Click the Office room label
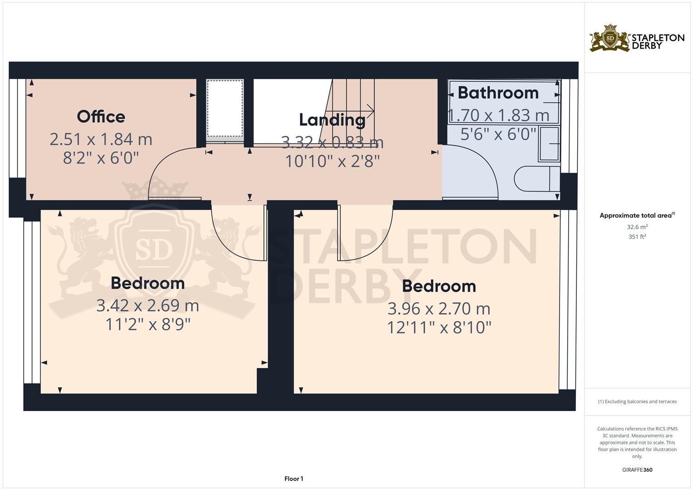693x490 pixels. pos(101,117)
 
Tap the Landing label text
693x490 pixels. pos(332,120)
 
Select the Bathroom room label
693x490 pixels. pos(498,93)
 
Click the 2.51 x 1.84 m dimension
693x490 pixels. pos(101,139)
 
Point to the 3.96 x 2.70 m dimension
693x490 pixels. pos(439,309)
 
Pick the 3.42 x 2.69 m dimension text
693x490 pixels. pos(147,306)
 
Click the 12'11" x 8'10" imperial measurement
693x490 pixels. pos(439,327)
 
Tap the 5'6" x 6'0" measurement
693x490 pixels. pos(498,134)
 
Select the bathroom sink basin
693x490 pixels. pos(549,144)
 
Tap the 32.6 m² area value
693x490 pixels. pos(637,226)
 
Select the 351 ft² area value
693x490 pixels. pos(637,236)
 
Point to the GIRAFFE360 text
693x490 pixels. pos(637,470)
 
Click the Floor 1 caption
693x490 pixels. pos(294,479)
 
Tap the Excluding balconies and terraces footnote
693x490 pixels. pos(637,402)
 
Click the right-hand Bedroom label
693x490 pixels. pos(439,286)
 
